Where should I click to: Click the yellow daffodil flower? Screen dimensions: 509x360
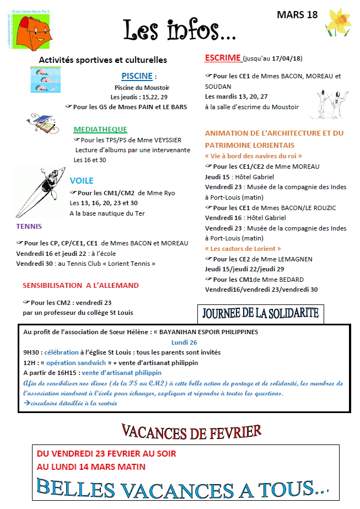(338, 24)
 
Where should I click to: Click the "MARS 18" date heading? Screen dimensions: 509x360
(297, 15)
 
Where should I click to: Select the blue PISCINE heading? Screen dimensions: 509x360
(137, 76)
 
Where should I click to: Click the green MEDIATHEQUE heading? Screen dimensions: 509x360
(100, 130)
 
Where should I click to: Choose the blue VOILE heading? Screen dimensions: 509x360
(82, 180)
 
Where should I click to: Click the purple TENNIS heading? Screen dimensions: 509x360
(29, 226)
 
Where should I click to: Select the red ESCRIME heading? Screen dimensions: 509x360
(223, 58)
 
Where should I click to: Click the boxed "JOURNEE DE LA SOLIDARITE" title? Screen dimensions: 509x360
(261, 313)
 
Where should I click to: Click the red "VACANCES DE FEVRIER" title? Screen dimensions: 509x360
(191, 431)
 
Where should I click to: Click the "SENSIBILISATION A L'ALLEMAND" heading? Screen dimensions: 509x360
(80, 286)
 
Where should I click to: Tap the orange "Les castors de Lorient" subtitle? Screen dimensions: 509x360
(243, 249)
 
